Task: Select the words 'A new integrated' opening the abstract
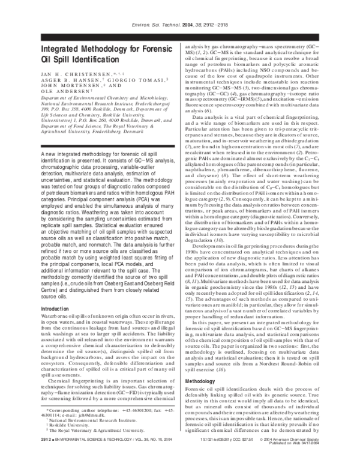pyautogui.click(x=64, y=155)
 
